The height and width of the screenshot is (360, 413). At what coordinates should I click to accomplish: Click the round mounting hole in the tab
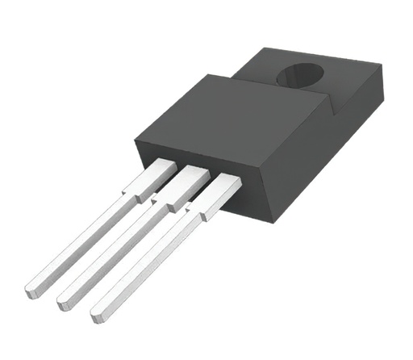tap(299, 77)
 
